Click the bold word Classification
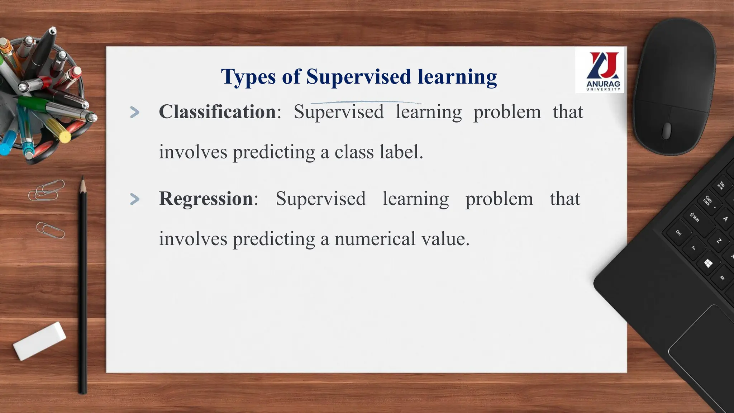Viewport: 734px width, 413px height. [x=217, y=112]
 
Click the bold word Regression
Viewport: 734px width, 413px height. [x=206, y=199]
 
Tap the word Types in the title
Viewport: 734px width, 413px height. [x=248, y=76]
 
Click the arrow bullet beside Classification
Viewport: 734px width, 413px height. [x=135, y=112]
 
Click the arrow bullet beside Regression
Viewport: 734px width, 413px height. [x=135, y=199]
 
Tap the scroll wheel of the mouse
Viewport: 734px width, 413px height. [x=667, y=130]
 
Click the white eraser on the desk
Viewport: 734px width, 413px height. [x=39, y=341]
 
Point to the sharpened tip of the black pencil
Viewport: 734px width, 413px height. [x=82, y=179]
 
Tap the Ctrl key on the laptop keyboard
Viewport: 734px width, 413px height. [x=678, y=233]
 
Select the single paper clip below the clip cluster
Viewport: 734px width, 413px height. [x=51, y=230]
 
